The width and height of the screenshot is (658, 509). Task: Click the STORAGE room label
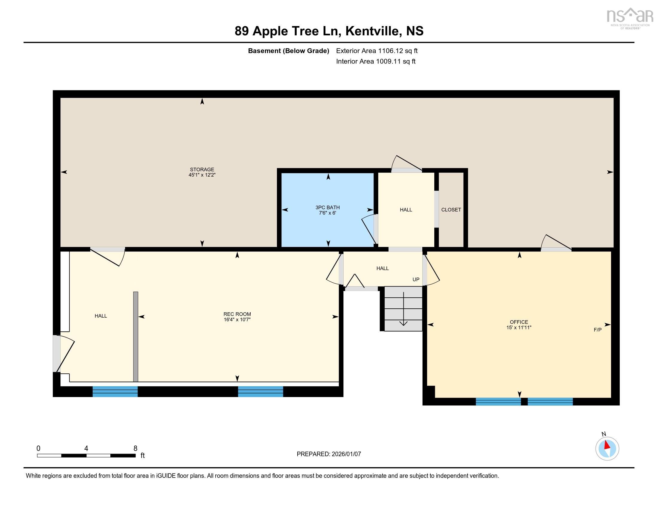tap(202, 169)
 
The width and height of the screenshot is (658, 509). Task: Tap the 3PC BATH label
tap(328, 207)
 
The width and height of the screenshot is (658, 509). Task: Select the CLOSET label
tap(451, 210)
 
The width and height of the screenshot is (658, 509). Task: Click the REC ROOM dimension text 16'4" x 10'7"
tap(237, 320)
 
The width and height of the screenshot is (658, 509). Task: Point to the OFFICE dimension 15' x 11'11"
tap(519, 328)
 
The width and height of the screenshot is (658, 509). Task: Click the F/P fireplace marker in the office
tap(598, 330)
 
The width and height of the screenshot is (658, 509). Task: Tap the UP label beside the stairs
tap(416, 280)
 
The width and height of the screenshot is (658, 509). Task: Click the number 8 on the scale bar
tap(135, 449)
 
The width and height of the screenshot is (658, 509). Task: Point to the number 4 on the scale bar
tap(86, 449)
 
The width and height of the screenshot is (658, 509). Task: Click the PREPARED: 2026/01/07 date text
tap(329, 454)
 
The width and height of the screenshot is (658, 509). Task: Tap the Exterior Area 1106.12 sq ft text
tap(377, 51)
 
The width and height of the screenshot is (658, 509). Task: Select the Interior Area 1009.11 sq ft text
tap(376, 61)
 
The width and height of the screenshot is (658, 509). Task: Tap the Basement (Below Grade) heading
tap(288, 51)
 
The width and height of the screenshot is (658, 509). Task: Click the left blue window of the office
tap(498, 401)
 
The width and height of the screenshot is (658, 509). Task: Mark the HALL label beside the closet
tap(406, 210)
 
